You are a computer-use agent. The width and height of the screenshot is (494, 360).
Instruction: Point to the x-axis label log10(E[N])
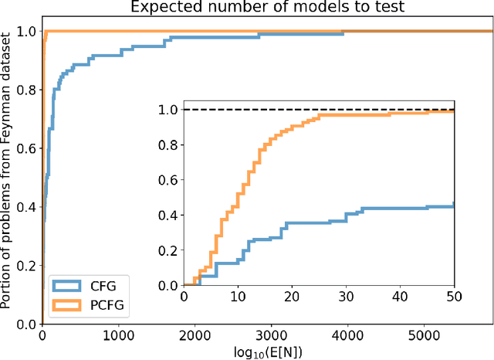(x=267, y=352)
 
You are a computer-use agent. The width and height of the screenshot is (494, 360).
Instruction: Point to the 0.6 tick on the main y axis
(x=25, y=148)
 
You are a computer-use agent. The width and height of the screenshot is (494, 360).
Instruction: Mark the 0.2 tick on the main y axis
(x=25, y=266)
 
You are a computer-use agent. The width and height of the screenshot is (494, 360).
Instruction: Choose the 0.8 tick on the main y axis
(x=25, y=90)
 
